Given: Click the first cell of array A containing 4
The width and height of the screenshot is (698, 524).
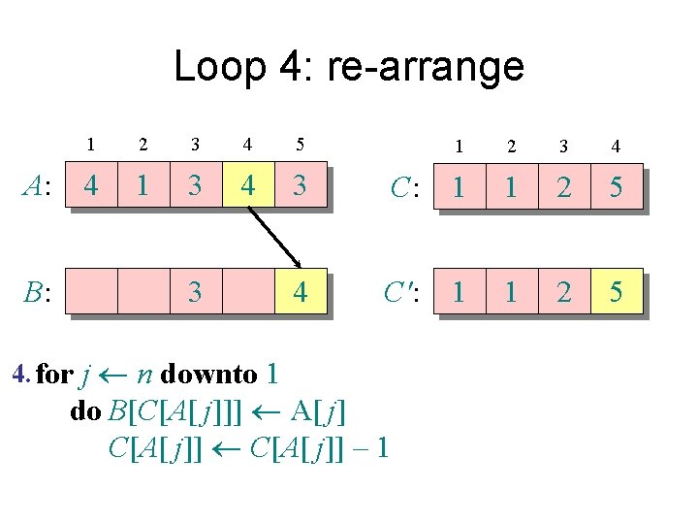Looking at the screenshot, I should click(x=90, y=184).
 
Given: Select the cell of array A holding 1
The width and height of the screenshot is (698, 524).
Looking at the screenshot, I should click(x=143, y=184).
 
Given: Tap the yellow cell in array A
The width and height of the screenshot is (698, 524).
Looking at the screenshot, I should click(x=248, y=184).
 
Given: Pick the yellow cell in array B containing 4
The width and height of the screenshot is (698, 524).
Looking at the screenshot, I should click(x=301, y=290).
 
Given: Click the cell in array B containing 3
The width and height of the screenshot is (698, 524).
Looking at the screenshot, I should click(x=196, y=290).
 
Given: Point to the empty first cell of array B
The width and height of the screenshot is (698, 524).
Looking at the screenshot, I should click(x=90, y=290).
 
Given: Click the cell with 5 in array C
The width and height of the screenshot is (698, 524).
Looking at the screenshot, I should click(x=616, y=186).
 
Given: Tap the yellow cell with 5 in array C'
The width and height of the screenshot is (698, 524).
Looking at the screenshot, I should click(x=616, y=290).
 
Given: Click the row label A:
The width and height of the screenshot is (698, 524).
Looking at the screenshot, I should click(x=38, y=184).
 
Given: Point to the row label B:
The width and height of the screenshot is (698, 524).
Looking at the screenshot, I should click(x=38, y=291).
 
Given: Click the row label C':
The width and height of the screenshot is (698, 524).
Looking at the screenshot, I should click(x=400, y=291).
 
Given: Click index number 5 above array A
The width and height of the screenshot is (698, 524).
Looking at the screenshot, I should click(x=301, y=145).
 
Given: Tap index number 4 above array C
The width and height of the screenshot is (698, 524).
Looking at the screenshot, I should click(x=616, y=147).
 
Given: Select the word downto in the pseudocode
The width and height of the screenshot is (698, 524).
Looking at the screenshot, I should click(x=209, y=374).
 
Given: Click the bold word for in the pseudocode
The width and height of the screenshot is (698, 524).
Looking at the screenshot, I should click(x=53, y=374).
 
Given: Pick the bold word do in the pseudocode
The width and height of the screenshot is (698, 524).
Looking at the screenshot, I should click(x=85, y=411).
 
